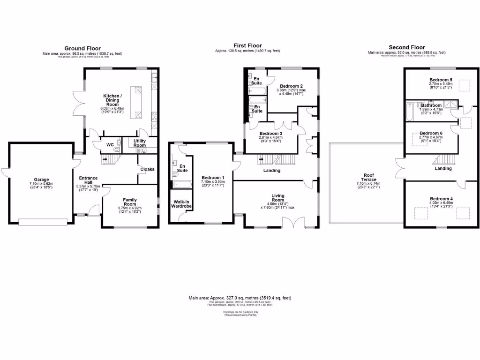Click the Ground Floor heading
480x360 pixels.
pos(82,48)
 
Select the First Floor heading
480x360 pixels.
pos(247,45)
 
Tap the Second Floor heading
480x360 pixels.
pos(406,47)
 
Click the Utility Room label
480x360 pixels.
pos(140,143)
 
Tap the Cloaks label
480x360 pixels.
pos(147,169)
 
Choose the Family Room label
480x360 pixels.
pos(130,202)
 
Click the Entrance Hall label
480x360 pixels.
pos(88,181)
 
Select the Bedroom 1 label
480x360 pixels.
pos(213,178)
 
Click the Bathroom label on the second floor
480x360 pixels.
pos(431,105)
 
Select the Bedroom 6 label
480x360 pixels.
pos(431,133)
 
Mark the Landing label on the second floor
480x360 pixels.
pos(443,168)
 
